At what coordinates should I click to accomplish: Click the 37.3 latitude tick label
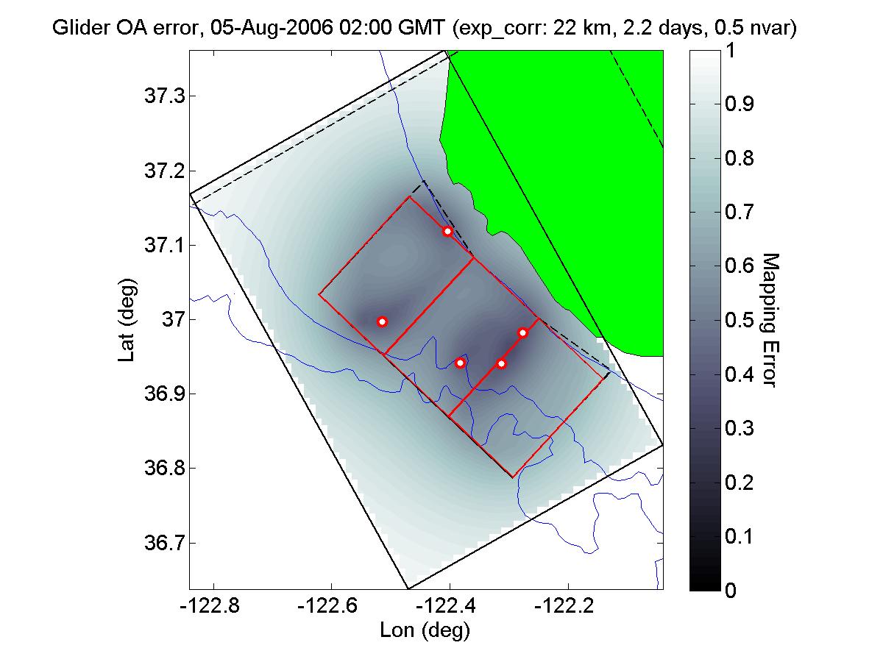tap(162, 96)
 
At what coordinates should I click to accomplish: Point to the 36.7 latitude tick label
tap(162, 544)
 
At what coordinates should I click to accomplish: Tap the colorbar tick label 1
tap(730, 51)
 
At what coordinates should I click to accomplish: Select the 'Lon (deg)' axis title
tap(425, 630)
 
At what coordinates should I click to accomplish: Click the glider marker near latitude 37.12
tap(447, 231)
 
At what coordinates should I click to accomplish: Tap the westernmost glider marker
tap(382, 321)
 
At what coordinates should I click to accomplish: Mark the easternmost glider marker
tap(522, 332)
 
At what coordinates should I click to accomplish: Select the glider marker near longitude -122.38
tap(460, 363)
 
